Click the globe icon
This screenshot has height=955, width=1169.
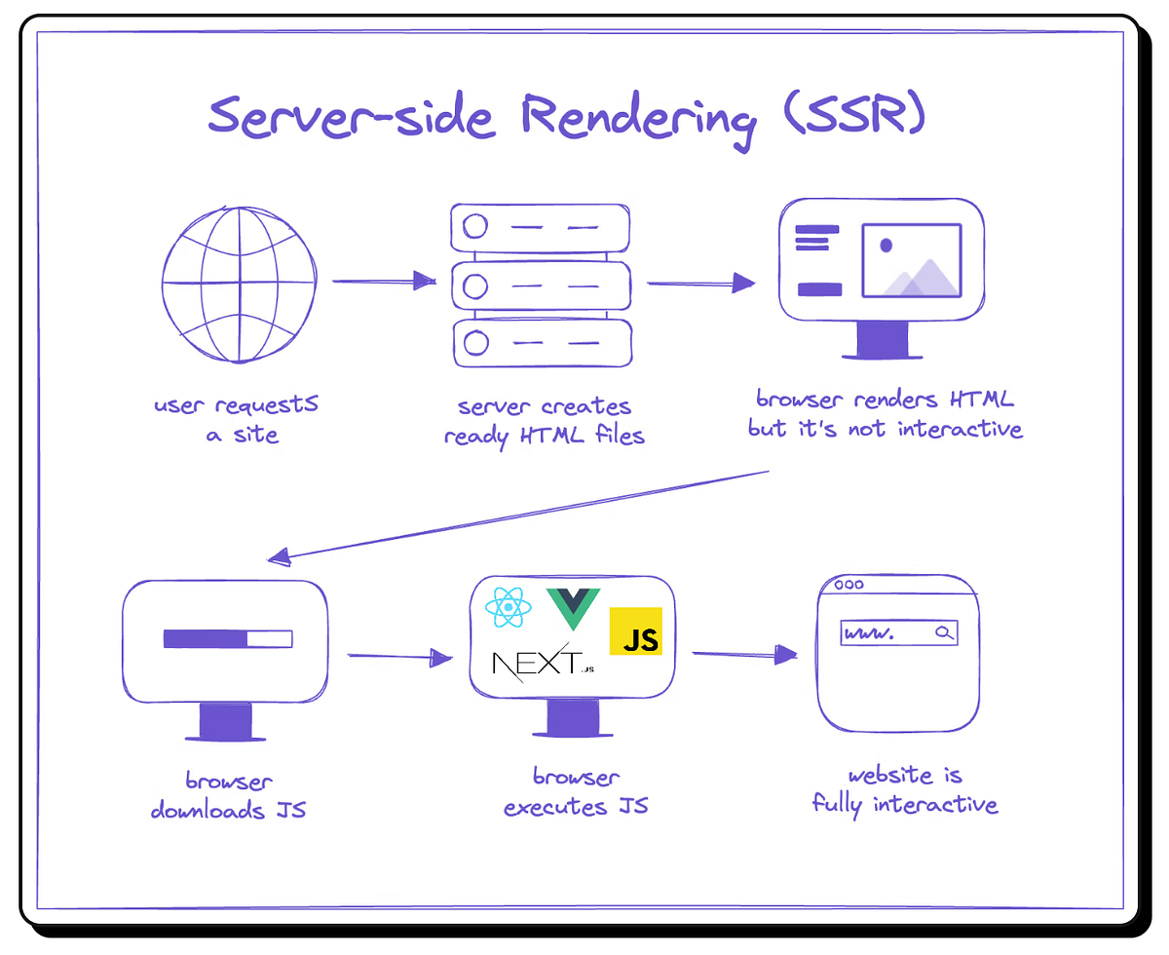pyautogui.click(x=240, y=285)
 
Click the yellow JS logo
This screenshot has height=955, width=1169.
pyautogui.click(x=635, y=631)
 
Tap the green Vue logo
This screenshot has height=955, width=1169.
pyautogui.click(x=573, y=608)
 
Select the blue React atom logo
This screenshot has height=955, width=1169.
pyautogui.click(x=508, y=610)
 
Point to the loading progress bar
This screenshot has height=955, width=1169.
pyautogui.click(x=228, y=639)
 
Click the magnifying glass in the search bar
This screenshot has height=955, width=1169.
pyautogui.click(x=943, y=633)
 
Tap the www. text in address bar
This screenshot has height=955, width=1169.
pyautogui.click(x=870, y=633)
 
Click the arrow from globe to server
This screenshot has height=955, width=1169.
pyautogui.click(x=383, y=282)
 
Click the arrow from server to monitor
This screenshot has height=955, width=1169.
pyautogui.click(x=700, y=284)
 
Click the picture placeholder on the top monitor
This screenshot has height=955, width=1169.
pyautogui.click(x=911, y=260)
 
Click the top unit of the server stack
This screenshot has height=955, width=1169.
pyautogui.click(x=541, y=227)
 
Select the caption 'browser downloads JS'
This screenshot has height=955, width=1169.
pyautogui.click(x=228, y=796)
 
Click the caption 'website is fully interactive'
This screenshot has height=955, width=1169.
pyautogui.click(x=904, y=790)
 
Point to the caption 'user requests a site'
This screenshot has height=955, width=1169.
pyautogui.click(x=237, y=419)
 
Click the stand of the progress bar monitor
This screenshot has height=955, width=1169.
pyautogui.click(x=226, y=722)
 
